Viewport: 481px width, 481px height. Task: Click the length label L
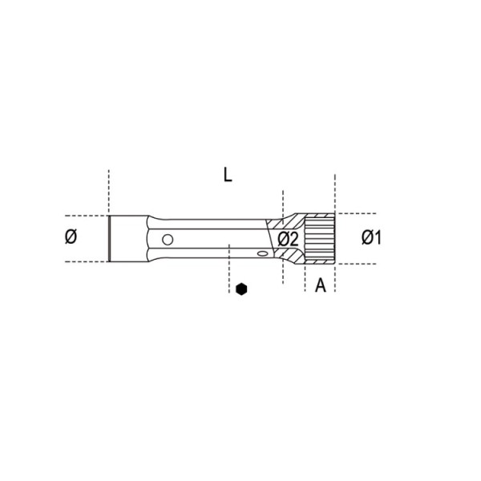(228, 176)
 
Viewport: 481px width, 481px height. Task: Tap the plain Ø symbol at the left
(71, 236)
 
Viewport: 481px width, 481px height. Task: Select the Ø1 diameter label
(371, 237)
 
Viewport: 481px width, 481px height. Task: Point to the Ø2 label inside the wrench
(288, 239)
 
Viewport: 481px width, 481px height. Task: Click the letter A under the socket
(321, 285)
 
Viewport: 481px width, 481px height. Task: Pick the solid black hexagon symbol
(241, 289)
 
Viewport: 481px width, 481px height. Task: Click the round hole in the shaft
(168, 239)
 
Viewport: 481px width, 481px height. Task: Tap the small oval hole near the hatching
(263, 253)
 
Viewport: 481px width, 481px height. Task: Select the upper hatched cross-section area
(285, 222)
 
